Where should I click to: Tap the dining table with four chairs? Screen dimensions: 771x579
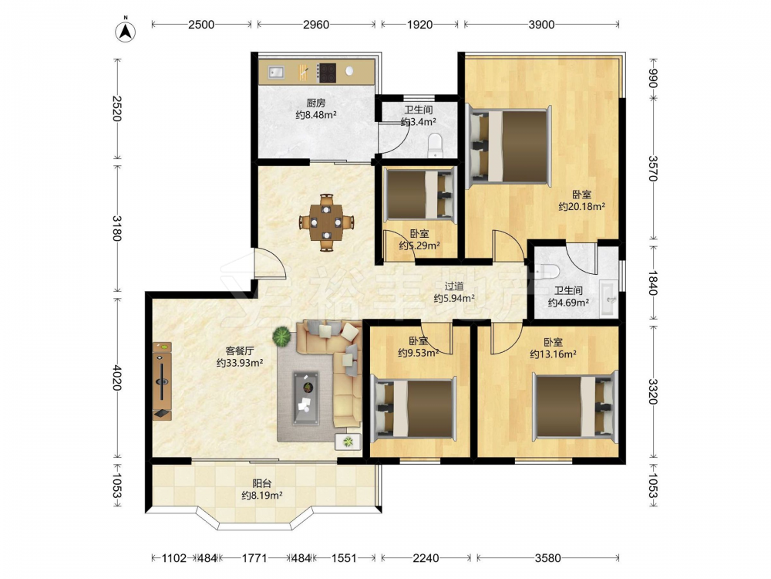[326, 222]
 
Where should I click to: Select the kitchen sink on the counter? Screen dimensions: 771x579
[276, 73]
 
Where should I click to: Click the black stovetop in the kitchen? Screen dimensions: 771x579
[326, 73]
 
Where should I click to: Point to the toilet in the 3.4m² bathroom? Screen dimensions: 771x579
[436, 145]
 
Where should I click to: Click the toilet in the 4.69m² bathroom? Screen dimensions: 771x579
[548, 272]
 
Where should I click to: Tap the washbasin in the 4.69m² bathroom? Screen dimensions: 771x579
[610, 298]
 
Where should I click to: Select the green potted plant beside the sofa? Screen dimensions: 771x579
[281, 337]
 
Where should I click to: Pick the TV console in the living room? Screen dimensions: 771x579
[162, 381]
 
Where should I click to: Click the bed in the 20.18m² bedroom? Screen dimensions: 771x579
[509, 147]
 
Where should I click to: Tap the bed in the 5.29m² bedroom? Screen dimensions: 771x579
[419, 194]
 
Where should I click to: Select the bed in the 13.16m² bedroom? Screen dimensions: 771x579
[574, 406]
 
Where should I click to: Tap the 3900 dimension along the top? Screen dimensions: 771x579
[541, 25]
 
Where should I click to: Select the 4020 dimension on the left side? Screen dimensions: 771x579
[116, 378]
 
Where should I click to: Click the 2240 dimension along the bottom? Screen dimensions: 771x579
[426, 558]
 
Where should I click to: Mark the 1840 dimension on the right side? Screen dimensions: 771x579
[653, 283]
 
